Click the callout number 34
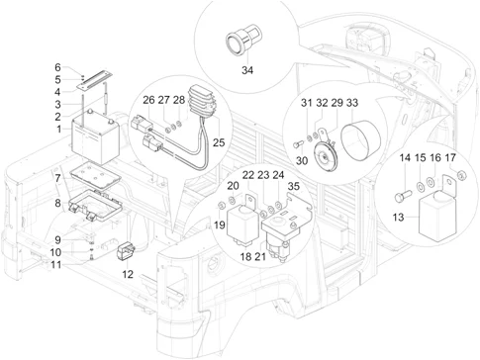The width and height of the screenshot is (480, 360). pos(247,70)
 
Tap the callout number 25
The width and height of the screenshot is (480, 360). pos(219,142)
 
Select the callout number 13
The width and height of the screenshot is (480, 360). pos(398,218)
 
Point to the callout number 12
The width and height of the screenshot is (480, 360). pos(128,274)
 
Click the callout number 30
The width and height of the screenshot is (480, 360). pos(302,161)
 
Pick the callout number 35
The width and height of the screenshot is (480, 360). pos(294,186)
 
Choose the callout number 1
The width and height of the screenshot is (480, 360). pos(59,129)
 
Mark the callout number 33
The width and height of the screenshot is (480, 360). pos(352,103)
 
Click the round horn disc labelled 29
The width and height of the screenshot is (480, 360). pos(324,154)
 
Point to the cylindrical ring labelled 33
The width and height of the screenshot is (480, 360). pos(360,141)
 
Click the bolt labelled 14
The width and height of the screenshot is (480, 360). pos(403,196)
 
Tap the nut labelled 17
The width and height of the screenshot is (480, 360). pos(462,177)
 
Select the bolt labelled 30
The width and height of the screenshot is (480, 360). pos(298,144)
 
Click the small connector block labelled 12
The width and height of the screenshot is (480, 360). pos(126,252)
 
